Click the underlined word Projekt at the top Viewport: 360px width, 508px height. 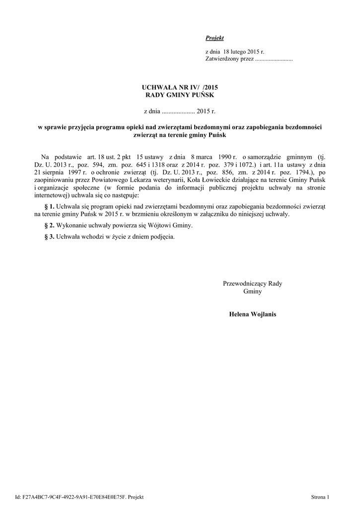click(215, 38)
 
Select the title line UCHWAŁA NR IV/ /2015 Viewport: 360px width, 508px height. click(180, 87)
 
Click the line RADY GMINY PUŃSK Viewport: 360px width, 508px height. click(180, 95)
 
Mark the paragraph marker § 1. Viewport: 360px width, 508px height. click(50, 206)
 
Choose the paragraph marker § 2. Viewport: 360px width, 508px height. click(50, 225)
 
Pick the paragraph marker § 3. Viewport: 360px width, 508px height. click(50, 237)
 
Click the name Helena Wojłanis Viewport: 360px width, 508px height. click(252, 314)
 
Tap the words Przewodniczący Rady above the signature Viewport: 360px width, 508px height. click(252, 284)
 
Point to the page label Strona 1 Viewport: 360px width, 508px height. click(320, 497)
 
